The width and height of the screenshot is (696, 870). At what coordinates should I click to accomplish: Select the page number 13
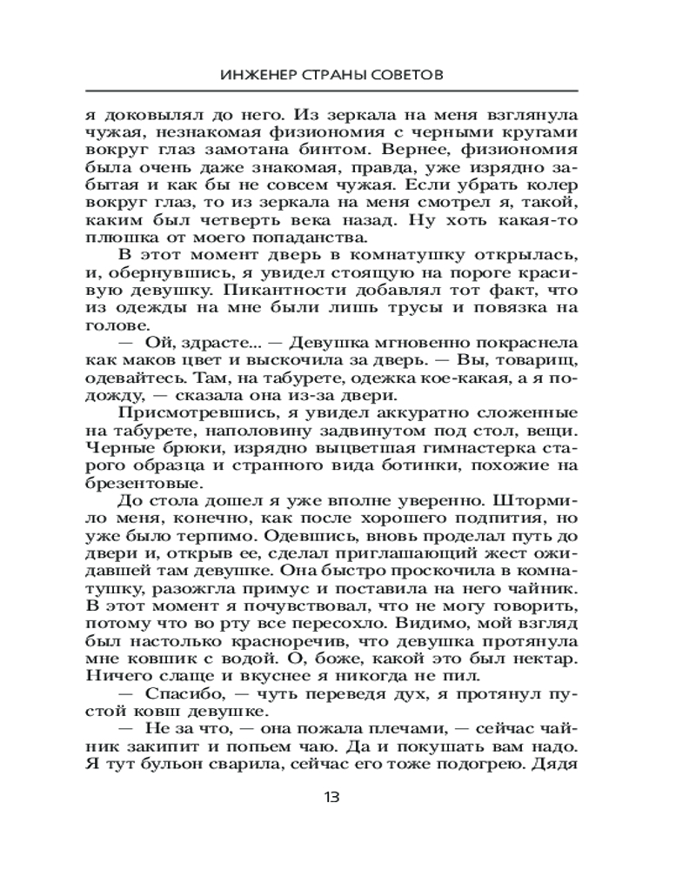331,797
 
